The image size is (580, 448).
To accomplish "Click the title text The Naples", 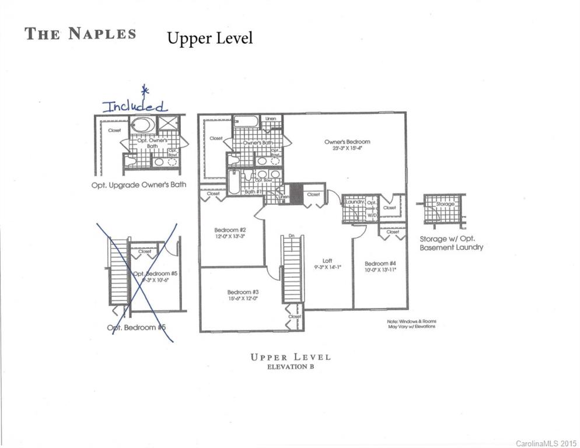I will [81, 33].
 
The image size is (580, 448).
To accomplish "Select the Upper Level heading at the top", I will [210, 38].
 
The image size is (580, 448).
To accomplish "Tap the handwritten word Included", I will [135, 106].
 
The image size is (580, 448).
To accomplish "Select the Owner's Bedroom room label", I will [347, 142].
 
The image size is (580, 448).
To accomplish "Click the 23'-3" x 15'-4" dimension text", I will [347, 149].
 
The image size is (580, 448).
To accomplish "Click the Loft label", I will [328, 261].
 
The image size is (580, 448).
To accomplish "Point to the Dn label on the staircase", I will [292, 236].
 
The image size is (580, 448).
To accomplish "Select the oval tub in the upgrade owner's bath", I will [143, 125].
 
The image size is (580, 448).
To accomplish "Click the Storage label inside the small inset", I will [445, 204].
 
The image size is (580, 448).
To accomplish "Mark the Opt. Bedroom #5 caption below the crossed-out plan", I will [137, 327].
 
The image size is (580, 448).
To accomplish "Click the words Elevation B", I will [290, 367].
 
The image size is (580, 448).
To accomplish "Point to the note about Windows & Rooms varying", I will [411, 324].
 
